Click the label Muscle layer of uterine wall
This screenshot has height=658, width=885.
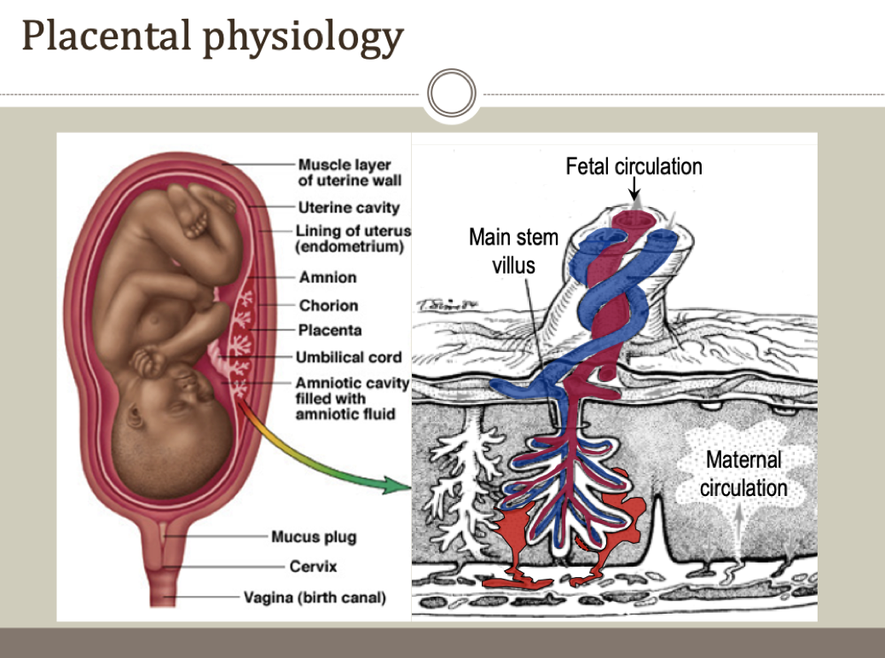350,171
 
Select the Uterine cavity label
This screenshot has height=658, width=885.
348,207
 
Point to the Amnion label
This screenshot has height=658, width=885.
327,277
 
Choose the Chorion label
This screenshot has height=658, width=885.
328,305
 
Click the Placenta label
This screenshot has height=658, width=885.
330,330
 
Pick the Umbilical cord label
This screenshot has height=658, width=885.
348,357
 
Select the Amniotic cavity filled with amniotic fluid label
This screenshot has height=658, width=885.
352,398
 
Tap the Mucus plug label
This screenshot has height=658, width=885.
314,537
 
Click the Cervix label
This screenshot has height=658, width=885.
313,566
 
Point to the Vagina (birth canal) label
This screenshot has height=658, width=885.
315,597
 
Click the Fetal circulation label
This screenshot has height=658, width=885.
633,166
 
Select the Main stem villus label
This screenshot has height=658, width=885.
513,250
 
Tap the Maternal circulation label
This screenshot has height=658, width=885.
743,474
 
